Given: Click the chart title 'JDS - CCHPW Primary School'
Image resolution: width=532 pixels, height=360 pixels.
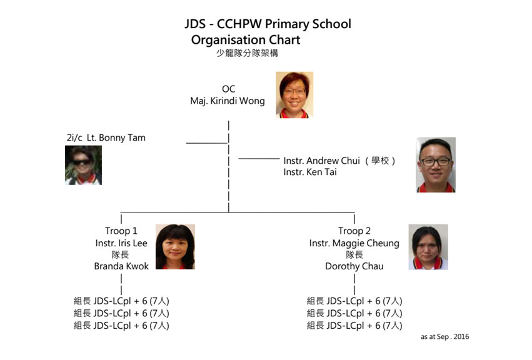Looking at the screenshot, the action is pos(268,24).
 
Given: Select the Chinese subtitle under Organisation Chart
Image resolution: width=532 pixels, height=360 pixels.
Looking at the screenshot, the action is pos(247,53).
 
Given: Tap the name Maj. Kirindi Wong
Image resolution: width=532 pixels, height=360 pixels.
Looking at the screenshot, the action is pos(228,101).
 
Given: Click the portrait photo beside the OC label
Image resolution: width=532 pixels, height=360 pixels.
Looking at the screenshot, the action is pos(294,94).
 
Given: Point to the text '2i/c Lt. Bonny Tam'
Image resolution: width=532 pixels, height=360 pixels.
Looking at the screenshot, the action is pos(106,137).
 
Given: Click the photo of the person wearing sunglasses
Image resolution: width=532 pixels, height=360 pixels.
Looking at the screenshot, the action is pos(84,165).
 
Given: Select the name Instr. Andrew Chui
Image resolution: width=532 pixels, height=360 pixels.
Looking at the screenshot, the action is pos(321,161).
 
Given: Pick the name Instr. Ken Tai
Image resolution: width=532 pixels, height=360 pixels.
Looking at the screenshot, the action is pos(310,172).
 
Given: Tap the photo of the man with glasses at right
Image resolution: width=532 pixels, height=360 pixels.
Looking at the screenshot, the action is pos(436,165).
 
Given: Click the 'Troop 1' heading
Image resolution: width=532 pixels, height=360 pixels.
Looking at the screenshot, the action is pos(121,231).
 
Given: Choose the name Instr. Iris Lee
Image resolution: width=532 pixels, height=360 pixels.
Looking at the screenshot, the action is pos(121,243).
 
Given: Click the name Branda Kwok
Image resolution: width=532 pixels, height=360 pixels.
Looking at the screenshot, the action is pos(121,266).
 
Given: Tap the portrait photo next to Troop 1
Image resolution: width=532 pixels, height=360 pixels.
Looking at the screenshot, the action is pos(175,247).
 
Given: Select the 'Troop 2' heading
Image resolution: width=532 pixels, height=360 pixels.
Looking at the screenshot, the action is pos(354,231).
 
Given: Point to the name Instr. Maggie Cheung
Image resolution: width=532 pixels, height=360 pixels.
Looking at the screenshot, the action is pos(354,243).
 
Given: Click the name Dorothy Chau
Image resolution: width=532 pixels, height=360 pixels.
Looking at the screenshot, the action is pos(354,266).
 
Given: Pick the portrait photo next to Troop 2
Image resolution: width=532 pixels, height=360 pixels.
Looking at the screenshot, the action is pos(428,247).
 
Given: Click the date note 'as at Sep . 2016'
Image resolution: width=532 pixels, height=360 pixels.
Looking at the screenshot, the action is pos(445,337).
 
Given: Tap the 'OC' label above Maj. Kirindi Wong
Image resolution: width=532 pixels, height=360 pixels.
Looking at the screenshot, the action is pos(228,89).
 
